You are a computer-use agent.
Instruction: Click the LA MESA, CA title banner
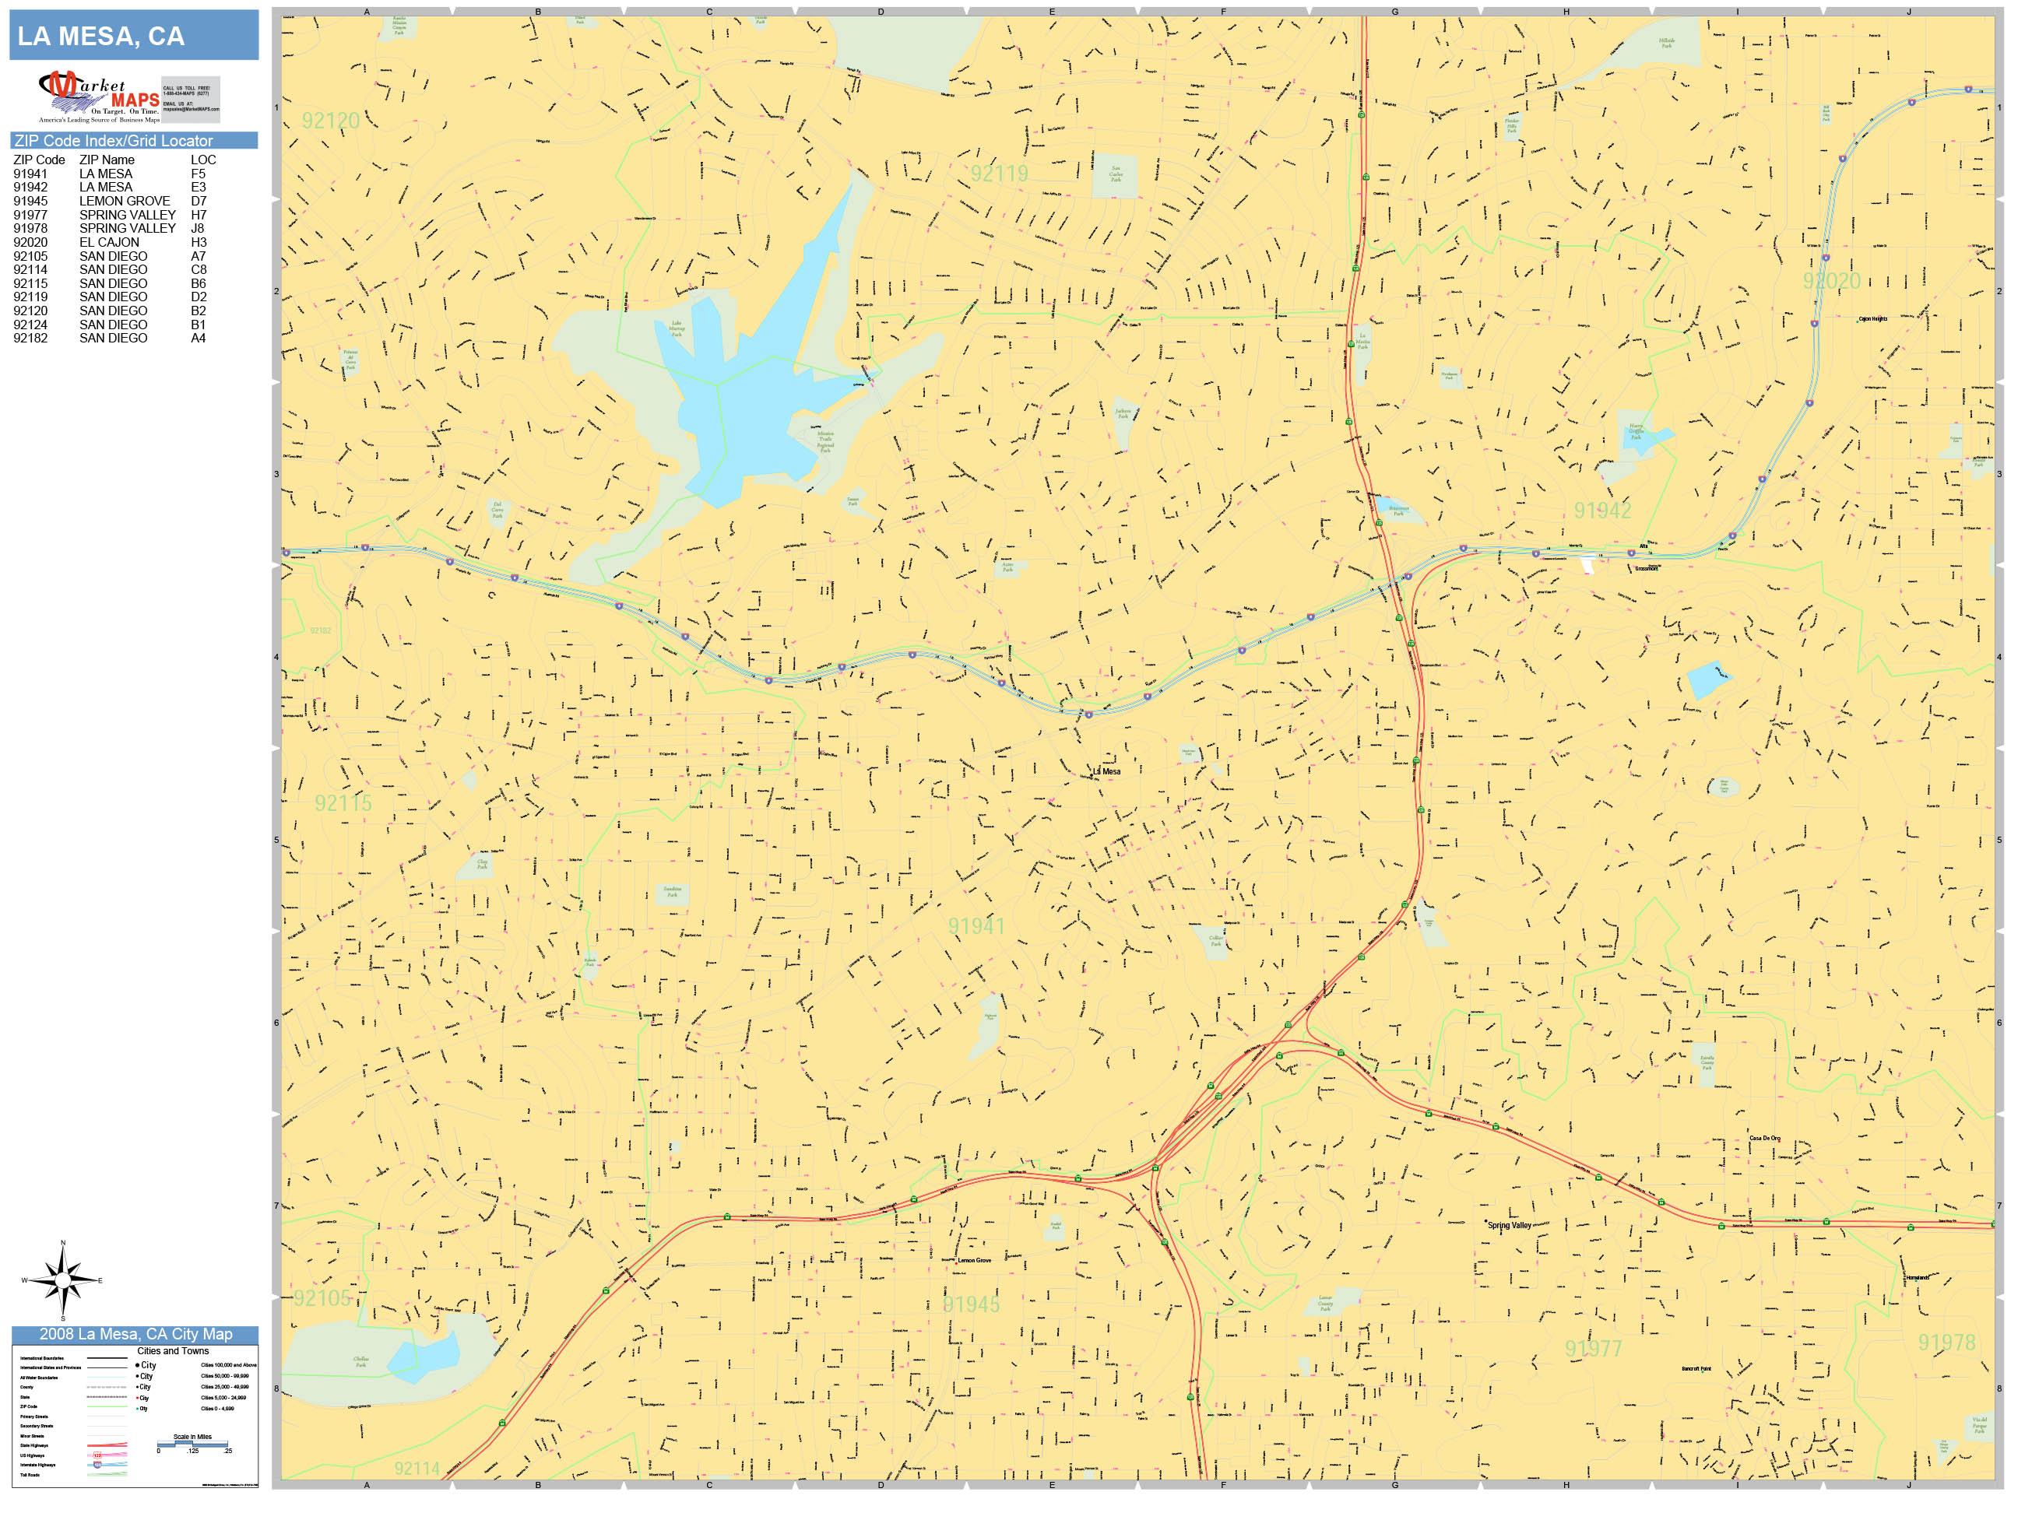tap(133, 36)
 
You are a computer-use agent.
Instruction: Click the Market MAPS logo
tap(99, 97)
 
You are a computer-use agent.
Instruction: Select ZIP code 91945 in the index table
tap(30, 201)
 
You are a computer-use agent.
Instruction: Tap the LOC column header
tap(202, 160)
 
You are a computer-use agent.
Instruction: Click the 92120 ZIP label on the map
tap(330, 121)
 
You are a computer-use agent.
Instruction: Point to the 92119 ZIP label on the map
tap(998, 174)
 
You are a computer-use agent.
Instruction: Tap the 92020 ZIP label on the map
tap(1830, 281)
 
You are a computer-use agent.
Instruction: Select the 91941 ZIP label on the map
tap(976, 927)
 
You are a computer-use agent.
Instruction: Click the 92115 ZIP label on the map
tap(343, 803)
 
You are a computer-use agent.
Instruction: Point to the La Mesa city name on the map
tap(1106, 771)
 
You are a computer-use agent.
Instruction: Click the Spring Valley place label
tap(1510, 1226)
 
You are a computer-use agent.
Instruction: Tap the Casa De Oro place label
tap(1763, 1138)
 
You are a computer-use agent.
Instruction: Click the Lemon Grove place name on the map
tap(973, 1260)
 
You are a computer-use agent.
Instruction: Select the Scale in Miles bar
tap(192, 1444)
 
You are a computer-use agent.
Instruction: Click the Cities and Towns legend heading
tap(172, 1350)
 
